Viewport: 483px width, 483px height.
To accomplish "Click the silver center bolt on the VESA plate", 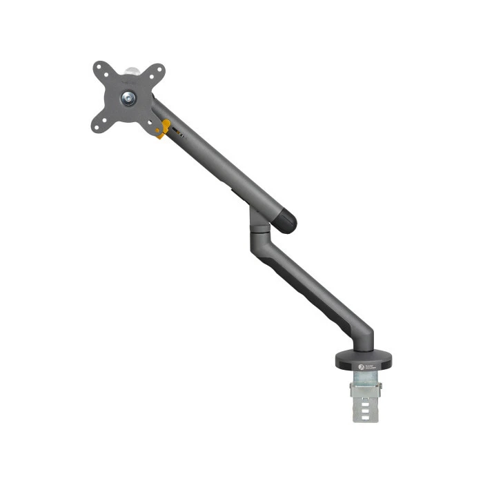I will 128,98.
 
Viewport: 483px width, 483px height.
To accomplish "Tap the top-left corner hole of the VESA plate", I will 99,68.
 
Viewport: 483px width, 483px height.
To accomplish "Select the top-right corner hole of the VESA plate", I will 160,69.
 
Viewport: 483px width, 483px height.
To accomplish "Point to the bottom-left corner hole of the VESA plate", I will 97,128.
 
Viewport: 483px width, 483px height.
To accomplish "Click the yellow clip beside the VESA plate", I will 164,128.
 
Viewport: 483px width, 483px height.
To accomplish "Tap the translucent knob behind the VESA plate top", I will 132,70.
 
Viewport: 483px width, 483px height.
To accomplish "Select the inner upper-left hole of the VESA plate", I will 110,79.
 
